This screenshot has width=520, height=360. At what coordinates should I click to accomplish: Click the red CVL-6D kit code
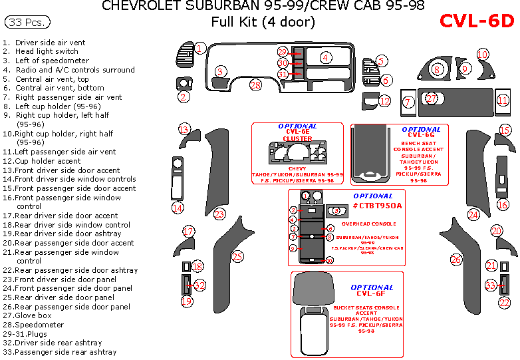(x=477, y=21)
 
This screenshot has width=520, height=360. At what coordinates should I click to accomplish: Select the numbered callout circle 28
(x=255, y=85)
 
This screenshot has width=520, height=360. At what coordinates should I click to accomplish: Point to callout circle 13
(x=184, y=129)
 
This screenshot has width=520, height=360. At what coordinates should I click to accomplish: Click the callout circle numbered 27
(x=432, y=98)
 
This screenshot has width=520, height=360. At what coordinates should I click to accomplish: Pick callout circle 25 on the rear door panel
(x=237, y=256)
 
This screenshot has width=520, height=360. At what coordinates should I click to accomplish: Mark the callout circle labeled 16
(x=503, y=205)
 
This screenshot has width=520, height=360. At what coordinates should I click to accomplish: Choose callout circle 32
(x=199, y=285)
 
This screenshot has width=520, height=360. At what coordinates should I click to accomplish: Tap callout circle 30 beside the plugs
(x=283, y=63)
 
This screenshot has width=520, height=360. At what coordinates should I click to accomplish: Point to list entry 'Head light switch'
(x=47, y=51)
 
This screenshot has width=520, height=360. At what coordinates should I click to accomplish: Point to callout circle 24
(x=473, y=214)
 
